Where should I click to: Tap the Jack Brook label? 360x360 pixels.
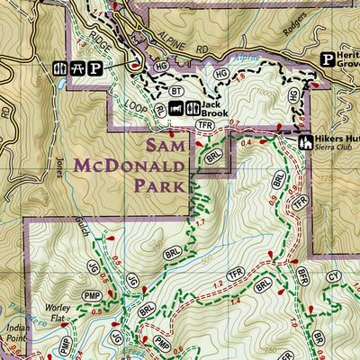215,112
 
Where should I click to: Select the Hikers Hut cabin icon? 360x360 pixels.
304,142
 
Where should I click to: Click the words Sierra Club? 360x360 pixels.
335,151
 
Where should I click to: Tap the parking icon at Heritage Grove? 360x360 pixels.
328,58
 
